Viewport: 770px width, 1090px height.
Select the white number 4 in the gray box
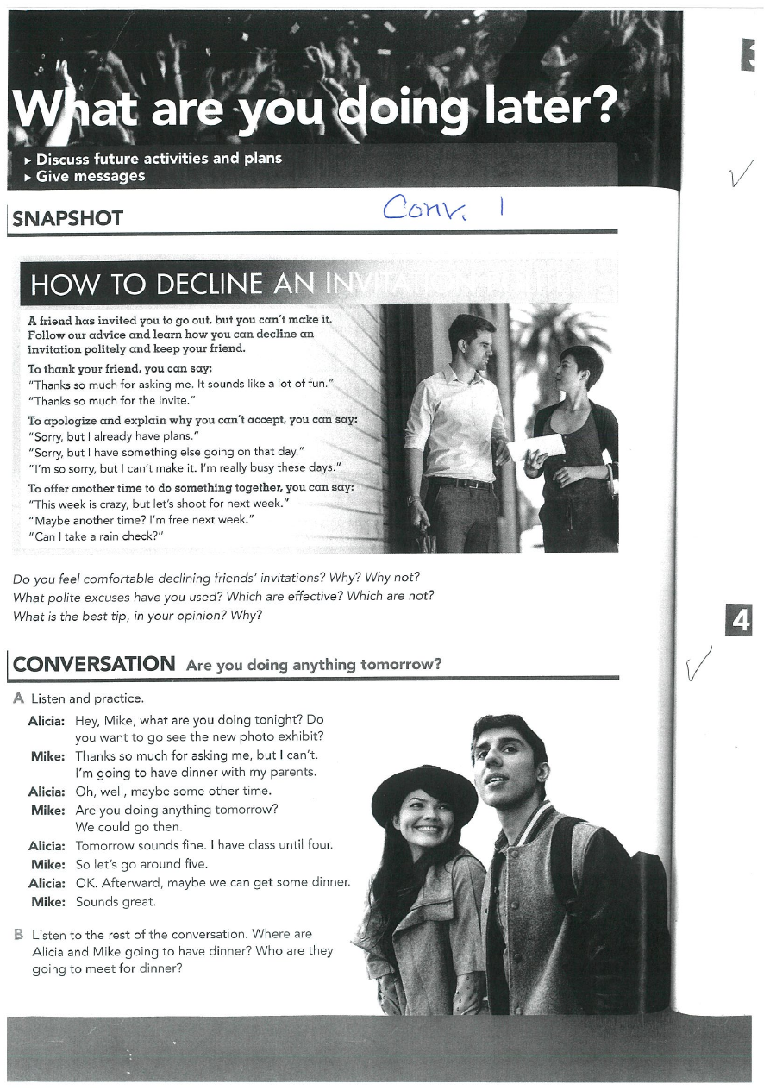tap(740, 621)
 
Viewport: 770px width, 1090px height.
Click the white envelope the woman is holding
tap(536, 447)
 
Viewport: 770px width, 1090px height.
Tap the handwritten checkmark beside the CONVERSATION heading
tap(698, 662)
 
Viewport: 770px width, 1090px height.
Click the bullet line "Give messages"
tap(90, 176)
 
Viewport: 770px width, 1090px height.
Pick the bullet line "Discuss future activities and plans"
tap(159, 159)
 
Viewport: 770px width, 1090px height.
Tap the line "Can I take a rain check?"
tap(96, 536)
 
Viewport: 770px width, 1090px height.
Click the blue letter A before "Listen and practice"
tap(19, 698)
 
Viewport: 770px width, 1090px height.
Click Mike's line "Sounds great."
tap(116, 902)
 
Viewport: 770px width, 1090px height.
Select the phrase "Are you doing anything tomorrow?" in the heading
tap(314, 665)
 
